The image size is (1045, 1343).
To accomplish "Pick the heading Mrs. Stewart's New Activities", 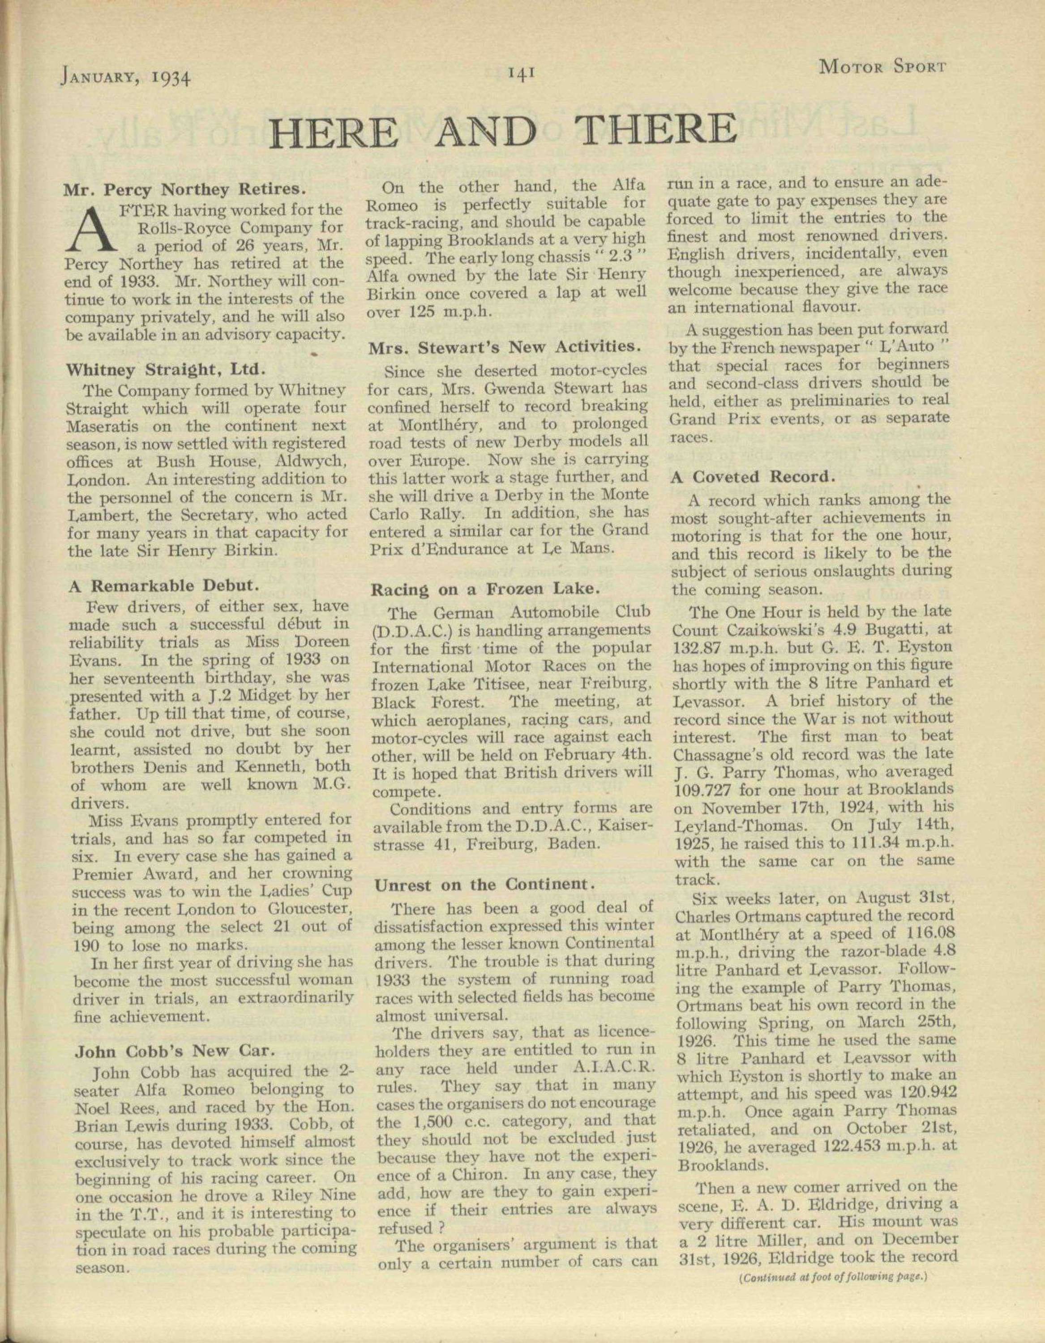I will pos(500,347).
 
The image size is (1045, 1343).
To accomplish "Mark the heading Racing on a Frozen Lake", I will pos(485,589).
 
